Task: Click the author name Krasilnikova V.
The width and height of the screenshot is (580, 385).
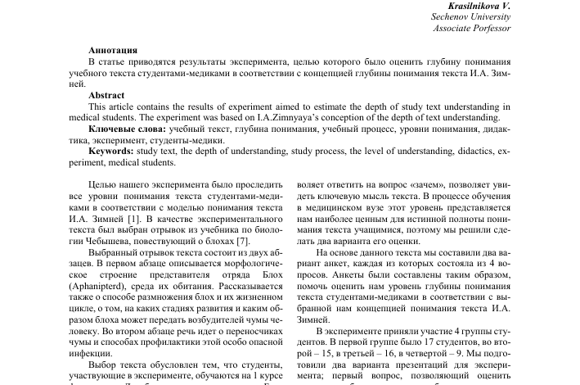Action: (470, 5)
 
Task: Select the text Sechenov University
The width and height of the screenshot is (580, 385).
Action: (470, 16)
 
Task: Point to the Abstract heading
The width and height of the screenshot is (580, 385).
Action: (107, 95)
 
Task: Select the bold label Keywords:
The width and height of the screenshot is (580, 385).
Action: (112, 152)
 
